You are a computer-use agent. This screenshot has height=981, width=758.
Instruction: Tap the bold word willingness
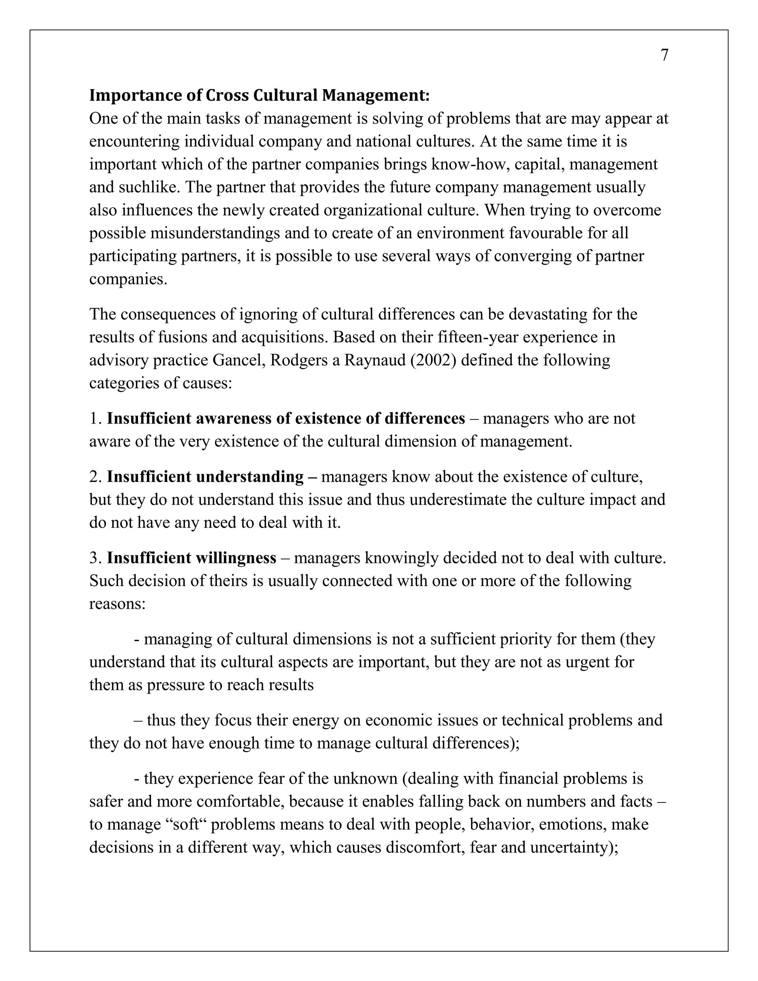tap(236, 558)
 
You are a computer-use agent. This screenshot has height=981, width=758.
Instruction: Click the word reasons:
tap(117, 604)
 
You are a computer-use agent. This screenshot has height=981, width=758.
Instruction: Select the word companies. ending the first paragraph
tap(128, 279)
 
